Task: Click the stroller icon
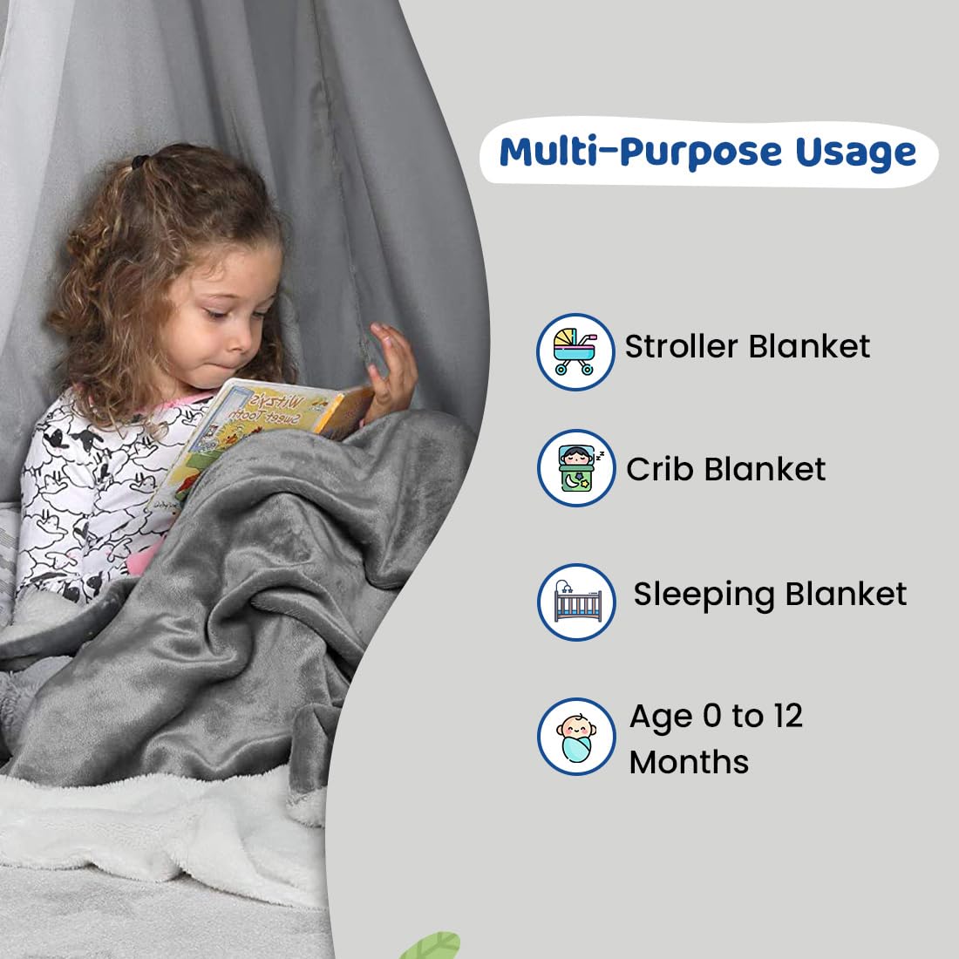(575, 351)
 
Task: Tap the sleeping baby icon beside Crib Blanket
(576, 468)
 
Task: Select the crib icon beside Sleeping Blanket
(576, 602)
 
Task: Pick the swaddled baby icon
(576, 737)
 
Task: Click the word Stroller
(682, 346)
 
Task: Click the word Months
(690, 762)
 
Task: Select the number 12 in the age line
(788, 716)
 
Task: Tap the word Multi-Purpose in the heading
(641, 152)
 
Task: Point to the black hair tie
(140, 161)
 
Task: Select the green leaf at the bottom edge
(432, 946)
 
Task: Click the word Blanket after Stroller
(809, 346)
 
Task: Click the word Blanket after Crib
(765, 469)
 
